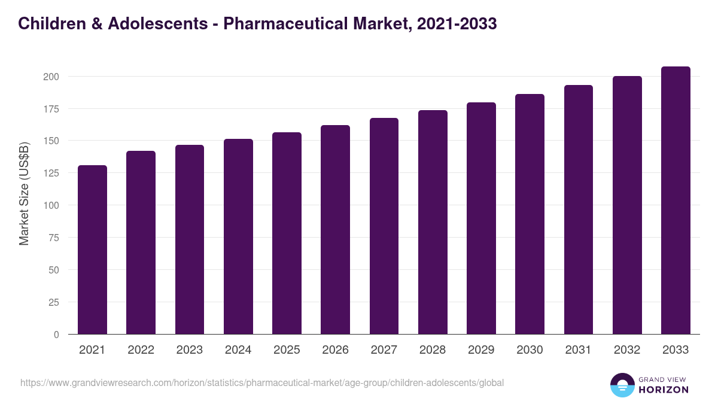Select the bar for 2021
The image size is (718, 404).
click(92, 250)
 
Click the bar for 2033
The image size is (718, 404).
click(676, 201)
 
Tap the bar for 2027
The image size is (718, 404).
click(384, 226)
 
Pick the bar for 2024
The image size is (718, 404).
click(238, 236)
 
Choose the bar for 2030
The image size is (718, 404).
click(530, 214)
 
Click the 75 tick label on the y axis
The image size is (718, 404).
click(53, 238)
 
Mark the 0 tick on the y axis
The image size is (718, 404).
click(56, 335)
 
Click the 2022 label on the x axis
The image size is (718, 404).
click(141, 350)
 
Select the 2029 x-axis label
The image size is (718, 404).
click(481, 350)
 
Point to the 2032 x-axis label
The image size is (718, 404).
click(627, 350)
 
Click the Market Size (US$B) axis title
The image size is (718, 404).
click(24, 193)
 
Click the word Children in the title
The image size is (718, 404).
click(48, 23)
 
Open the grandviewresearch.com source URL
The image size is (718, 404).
click(262, 382)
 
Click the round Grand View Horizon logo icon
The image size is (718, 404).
click(622, 385)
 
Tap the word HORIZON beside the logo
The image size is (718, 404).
click(663, 390)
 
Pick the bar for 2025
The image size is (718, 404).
click(287, 233)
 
